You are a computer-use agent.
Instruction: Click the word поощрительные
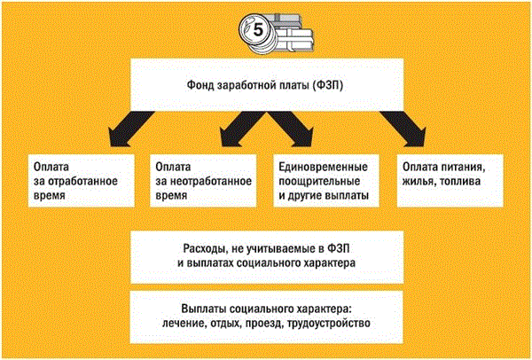[317, 181]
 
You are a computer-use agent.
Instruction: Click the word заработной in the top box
[259, 85]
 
